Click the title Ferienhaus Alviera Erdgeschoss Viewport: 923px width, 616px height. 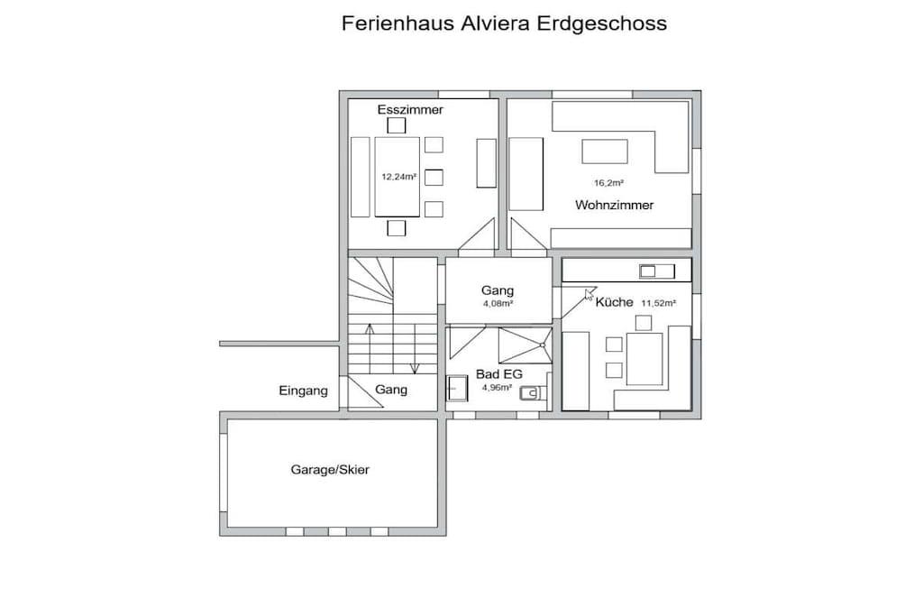coord(504,23)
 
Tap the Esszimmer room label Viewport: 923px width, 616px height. coord(410,109)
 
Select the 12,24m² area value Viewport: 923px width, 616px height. coord(399,176)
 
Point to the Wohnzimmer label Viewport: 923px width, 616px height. coord(615,205)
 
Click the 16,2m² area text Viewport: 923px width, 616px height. coord(608,183)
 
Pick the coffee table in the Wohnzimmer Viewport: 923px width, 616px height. coord(605,152)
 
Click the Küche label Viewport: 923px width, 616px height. coord(614,302)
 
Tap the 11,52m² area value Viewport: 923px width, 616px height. coord(659,303)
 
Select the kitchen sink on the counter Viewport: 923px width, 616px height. coord(657,271)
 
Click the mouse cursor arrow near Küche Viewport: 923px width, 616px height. coord(589,294)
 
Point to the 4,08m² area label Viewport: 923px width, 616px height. coord(498,304)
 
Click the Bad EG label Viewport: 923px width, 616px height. coord(499,374)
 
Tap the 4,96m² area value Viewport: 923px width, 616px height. coord(497,388)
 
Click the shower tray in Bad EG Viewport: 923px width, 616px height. coord(525,345)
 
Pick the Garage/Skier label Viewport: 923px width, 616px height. coord(330,470)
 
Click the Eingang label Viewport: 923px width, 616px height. coord(303,391)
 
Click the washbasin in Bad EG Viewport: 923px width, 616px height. coord(457,388)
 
